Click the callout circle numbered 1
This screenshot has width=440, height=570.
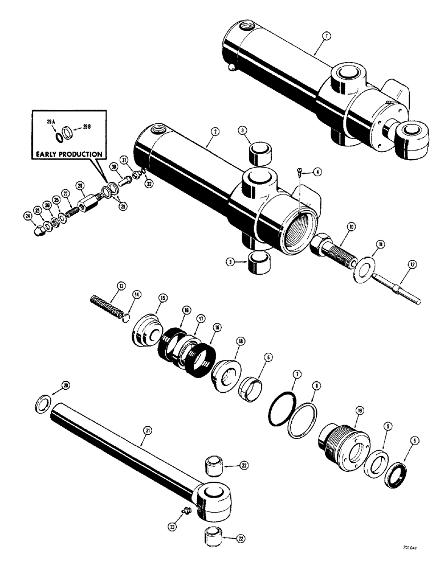point(325,36)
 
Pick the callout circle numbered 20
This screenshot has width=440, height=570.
point(67,386)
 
